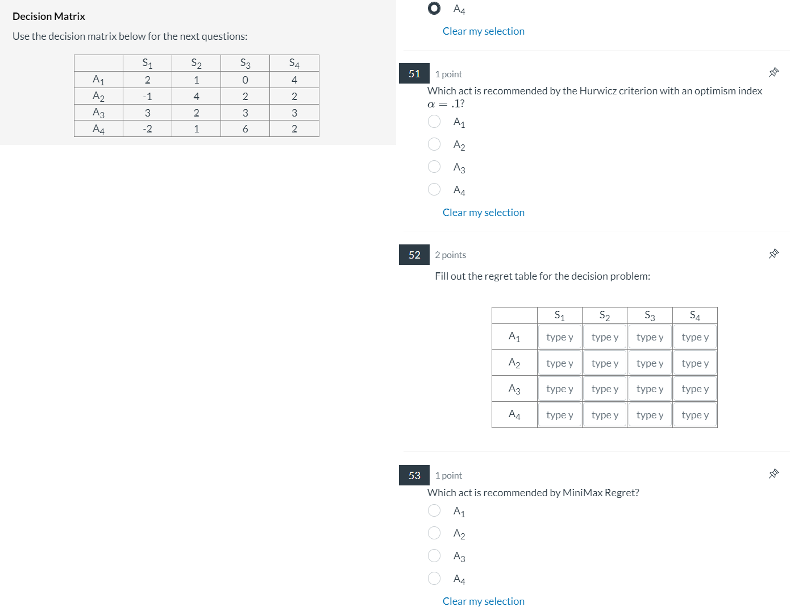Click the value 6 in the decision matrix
(x=245, y=129)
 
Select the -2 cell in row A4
(x=147, y=129)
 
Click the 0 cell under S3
(x=245, y=80)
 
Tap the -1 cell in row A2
(x=147, y=97)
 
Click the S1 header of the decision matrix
(x=147, y=63)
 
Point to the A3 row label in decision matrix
(x=98, y=113)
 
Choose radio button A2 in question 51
(x=434, y=144)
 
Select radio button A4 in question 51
(x=434, y=189)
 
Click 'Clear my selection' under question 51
(x=483, y=213)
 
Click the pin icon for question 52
(x=774, y=254)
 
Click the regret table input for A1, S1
(x=559, y=337)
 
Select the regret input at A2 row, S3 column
(x=650, y=363)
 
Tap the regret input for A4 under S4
(x=695, y=415)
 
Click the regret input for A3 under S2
(x=605, y=389)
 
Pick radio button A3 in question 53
(x=434, y=556)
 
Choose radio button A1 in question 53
(x=434, y=510)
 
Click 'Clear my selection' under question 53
(x=483, y=601)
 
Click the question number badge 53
(x=414, y=475)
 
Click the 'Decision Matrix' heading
(x=49, y=16)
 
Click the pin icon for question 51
(x=774, y=72)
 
